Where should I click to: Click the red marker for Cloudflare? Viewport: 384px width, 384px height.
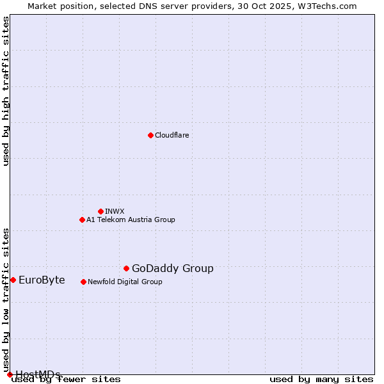pos(150,135)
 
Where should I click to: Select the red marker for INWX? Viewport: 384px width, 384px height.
pos(100,211)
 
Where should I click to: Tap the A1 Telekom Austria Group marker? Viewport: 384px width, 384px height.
pos(82,220)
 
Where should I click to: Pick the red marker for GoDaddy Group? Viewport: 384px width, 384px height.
pos(126,268)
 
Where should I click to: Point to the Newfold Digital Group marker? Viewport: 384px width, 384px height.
pos(83,282)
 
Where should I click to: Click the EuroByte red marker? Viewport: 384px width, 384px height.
pos(13,280)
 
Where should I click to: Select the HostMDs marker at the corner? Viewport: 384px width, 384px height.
pos(10,374)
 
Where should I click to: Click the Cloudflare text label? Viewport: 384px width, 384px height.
pos(172,135)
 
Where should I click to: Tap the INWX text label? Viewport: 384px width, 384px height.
pos(115,211)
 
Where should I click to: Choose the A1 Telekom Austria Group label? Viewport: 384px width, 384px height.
pos(131,220)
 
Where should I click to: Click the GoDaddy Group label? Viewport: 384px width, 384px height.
pos(172,268)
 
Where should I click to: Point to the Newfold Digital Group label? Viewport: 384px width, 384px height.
pos(125,282)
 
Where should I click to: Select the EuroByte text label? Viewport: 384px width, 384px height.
pos(42,280)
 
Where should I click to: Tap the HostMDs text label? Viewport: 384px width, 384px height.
pos(38,374)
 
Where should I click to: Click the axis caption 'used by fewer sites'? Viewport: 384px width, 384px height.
pos(66,380)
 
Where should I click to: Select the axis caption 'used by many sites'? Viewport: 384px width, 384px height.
pos(321,380)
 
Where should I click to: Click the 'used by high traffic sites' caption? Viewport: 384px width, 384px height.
pos(6,91)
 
